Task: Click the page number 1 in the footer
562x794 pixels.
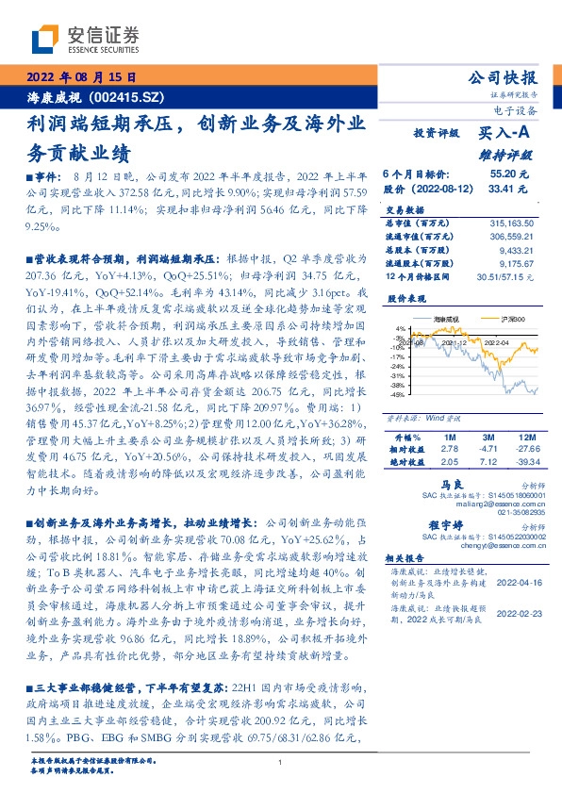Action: (x=281, y=762)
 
